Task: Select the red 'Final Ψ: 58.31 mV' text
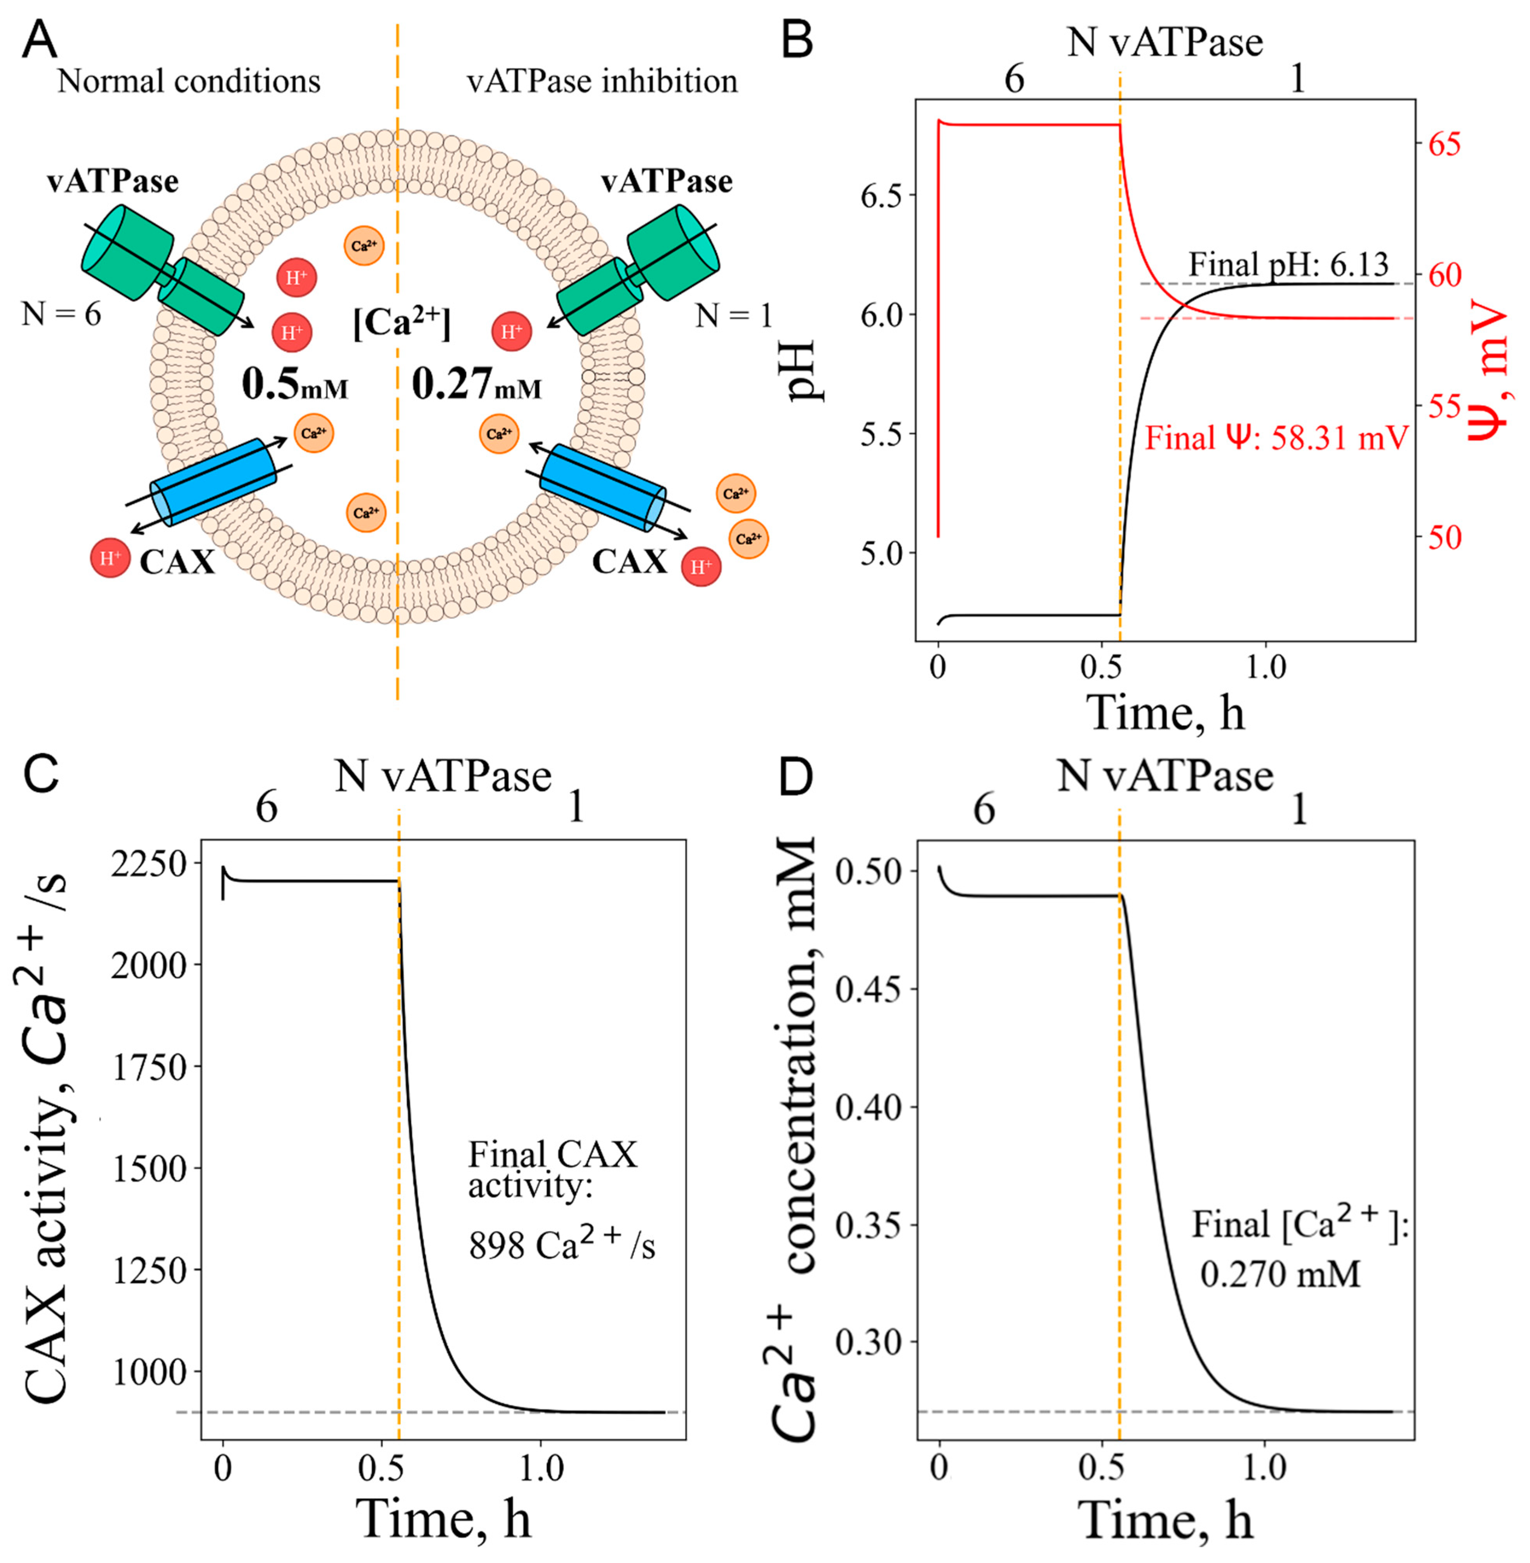pos(1276,438)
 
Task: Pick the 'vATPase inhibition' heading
pos(602,81)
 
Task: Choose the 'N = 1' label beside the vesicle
pos(733,316)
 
